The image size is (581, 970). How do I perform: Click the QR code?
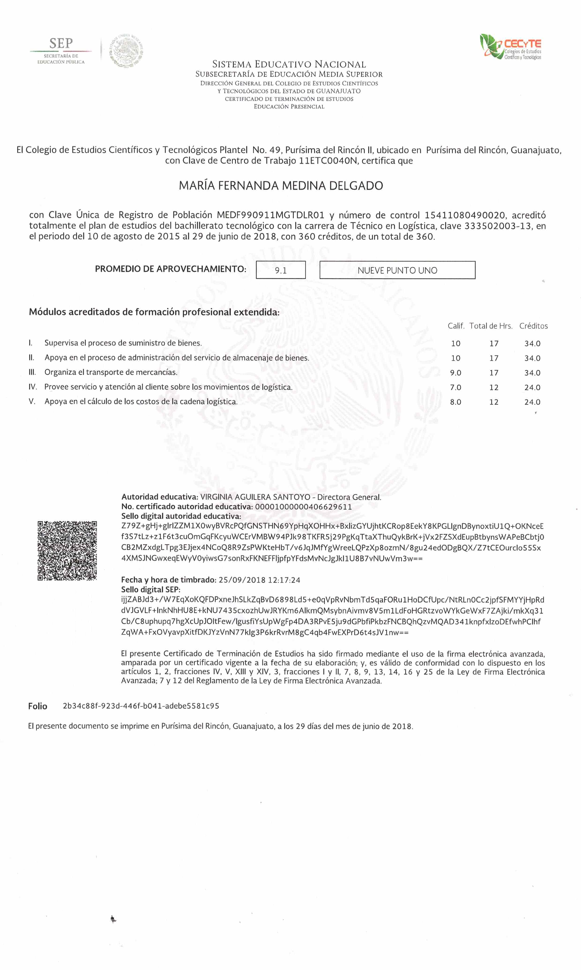(67, 550)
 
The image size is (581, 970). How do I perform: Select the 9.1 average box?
(281, 270)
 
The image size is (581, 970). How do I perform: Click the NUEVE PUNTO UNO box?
(397, 270)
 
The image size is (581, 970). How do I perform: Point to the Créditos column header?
(533, 326)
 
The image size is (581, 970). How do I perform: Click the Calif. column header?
(456, 326)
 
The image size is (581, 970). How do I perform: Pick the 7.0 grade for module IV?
(455, 387)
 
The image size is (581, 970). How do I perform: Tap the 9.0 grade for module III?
(455, 372)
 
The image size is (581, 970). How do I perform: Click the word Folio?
(37, 706)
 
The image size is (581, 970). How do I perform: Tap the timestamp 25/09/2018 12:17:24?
(259, 580)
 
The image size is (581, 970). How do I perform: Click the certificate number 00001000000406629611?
(303, 507)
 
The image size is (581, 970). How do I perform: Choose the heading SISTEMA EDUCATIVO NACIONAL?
(289, 64)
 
